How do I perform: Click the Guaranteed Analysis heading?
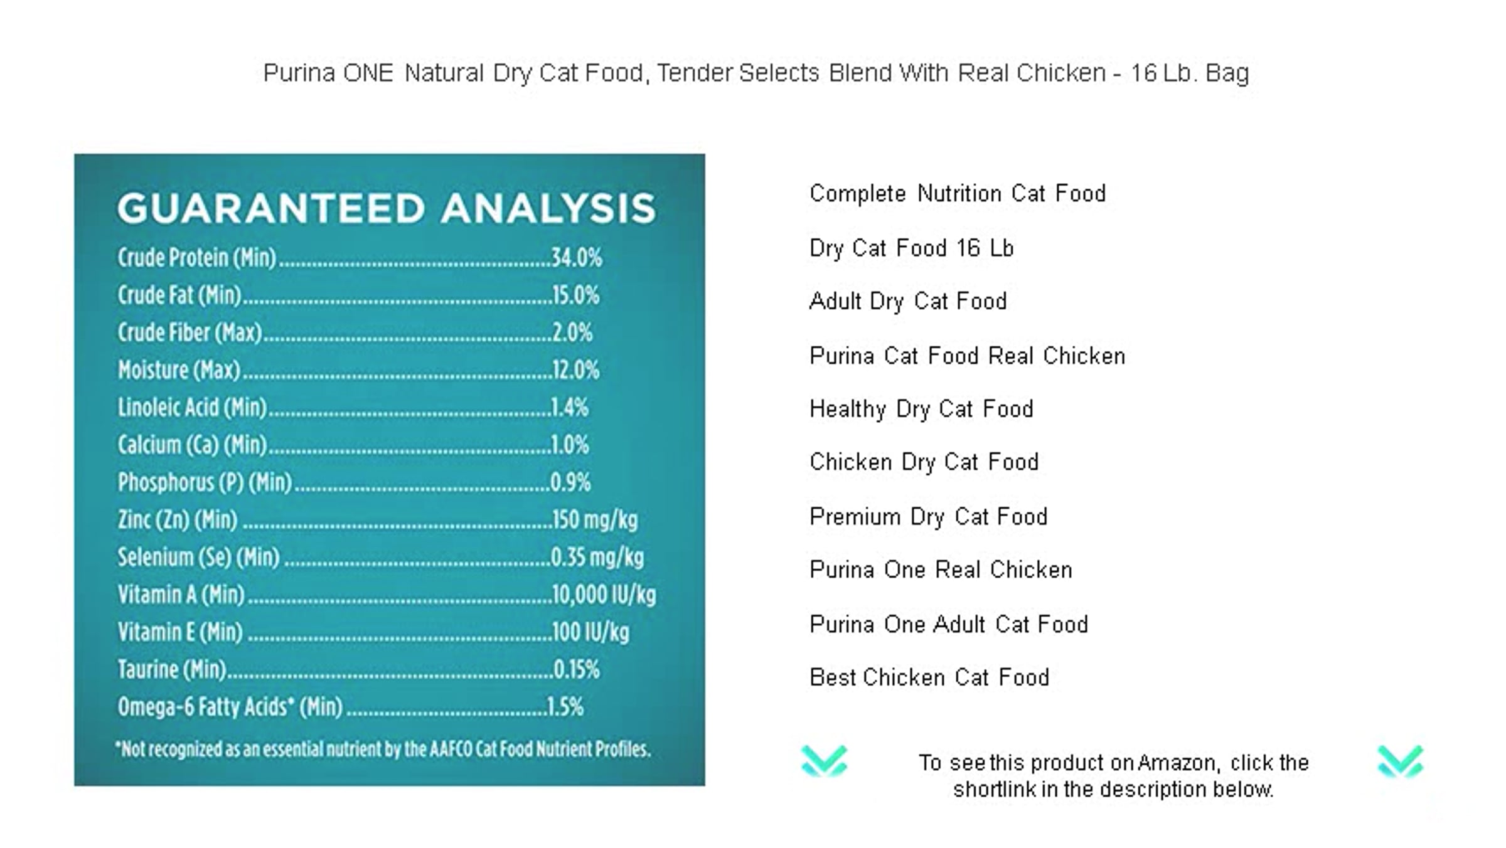pos(387,208)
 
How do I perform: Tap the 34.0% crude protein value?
pos(577,257)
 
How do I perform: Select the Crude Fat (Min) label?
pos(179,295)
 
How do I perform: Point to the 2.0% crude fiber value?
pos(572,332)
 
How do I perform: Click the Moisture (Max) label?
pos(179,370)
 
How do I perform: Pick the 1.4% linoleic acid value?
pos(570,407)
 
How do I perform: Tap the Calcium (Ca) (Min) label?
pos(192,445)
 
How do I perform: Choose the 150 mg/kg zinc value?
pos(594,520)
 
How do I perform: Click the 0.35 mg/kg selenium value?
pos(597,557)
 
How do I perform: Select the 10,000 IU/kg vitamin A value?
pos(604,595)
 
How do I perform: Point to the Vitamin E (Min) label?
pos(180,632)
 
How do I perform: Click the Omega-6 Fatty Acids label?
pos(230,707)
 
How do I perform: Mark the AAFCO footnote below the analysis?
pos(383,750)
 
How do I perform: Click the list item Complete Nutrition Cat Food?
pos(958,193)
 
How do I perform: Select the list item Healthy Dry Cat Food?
pos(921,410)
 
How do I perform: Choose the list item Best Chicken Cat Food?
pos(929,677)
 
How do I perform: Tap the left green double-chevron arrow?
pos(825,761)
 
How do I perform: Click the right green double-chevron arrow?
pos(1401,761)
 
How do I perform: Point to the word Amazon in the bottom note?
pos(1179,763)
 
